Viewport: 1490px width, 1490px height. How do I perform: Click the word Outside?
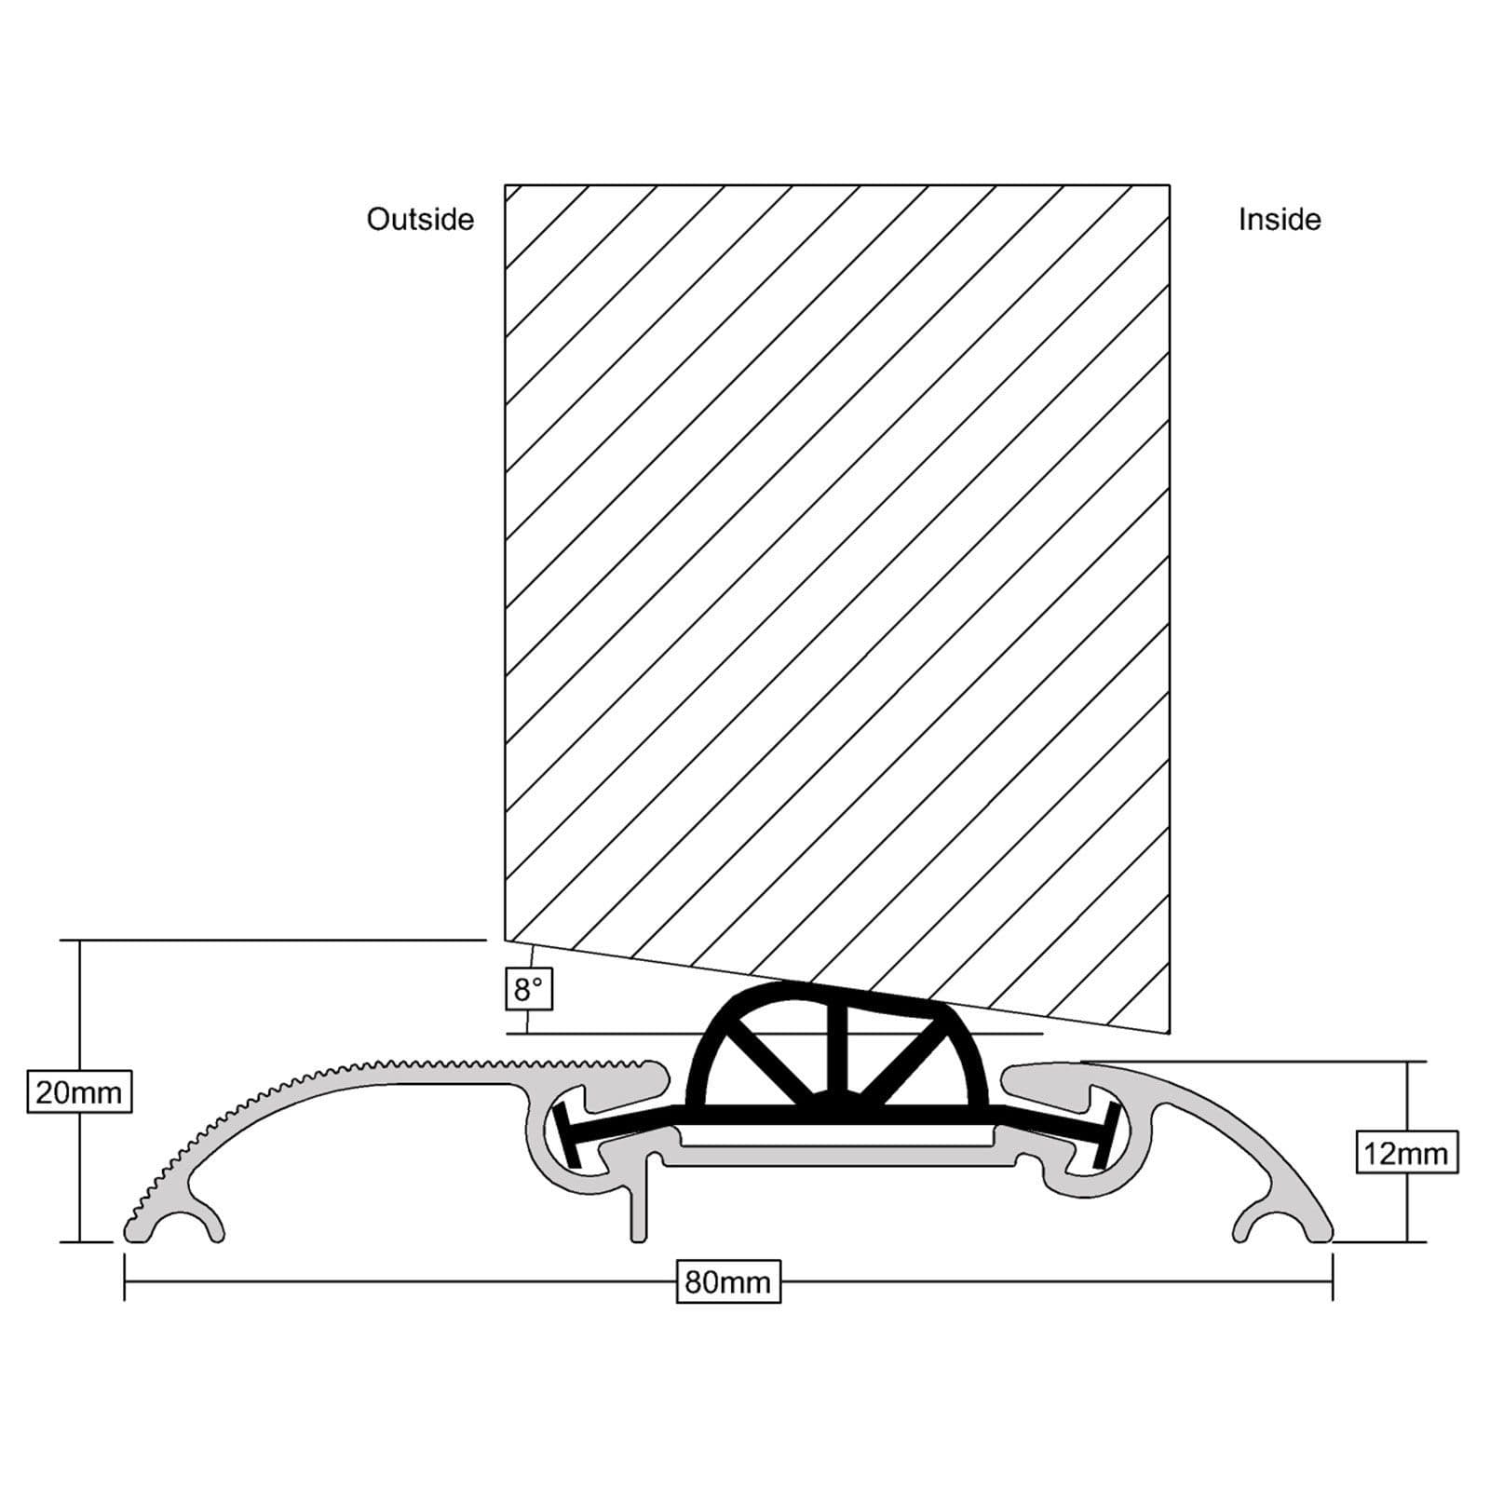pyautogui.click(x=420, y=220)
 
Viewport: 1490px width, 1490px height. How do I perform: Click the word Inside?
pyautogui.click(x=1279, y=220)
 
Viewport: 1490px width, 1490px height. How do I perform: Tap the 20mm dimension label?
pyautogui.click(x=79, y=1091)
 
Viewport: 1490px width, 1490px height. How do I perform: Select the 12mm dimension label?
pyautogui.click(x=1406, y=1154)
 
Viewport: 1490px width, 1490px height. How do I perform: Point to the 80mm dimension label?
pyautogui.click(x=727, y=1282)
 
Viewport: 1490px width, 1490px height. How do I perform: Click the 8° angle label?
pyautogui.click(x=529, y=989)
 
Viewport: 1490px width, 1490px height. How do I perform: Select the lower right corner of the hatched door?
pyautogui.click(x=1168, y=1031)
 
